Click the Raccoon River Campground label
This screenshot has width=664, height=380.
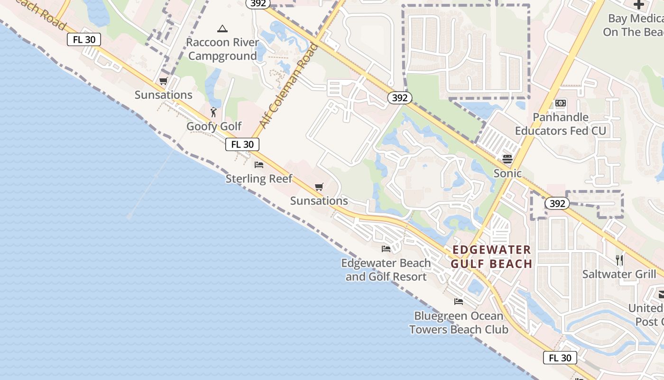tap(222, 49)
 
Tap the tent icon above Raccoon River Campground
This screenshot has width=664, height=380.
tap(222, 29)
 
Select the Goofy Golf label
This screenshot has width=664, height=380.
tap(214, 126)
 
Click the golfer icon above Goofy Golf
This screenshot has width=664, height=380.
tap(214, 112)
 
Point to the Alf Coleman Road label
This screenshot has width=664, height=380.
tap(288, 85)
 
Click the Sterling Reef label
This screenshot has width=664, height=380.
tap(259, 179)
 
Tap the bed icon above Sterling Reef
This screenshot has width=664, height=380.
tap(259, 165)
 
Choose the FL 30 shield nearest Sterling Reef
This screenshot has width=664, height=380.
tap(242, 144)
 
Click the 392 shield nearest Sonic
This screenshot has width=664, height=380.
tap(557, 203)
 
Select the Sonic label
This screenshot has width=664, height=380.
tap(507, 173)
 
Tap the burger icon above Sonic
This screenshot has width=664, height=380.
tap(507, 159)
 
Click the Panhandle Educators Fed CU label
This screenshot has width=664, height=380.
tap(561, 124)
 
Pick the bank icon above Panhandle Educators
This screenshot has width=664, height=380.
tap(561, 103)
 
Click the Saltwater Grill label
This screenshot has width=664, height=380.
tap(619, 274)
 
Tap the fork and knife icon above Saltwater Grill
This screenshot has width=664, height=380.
tap(619, 260)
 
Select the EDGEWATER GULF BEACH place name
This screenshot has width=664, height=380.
tap(491, 257)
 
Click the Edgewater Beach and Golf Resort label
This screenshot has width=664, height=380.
tap(386, 270)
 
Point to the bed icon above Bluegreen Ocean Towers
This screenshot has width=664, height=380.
tap(459, 302)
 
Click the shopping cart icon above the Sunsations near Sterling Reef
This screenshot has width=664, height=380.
tap(319, 187)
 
